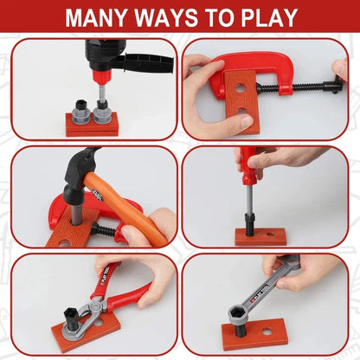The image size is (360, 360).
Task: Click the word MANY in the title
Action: pos(99,17)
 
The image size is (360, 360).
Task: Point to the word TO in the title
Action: pos(215,17)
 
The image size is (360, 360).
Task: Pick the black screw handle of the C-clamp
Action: pos(329,87)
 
